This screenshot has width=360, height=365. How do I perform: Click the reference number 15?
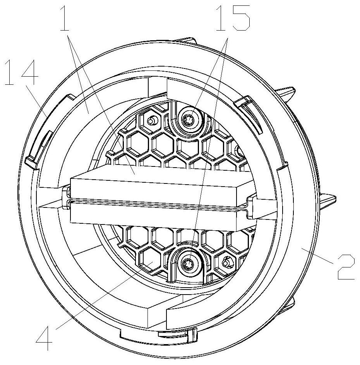233,18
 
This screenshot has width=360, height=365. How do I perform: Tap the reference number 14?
21,72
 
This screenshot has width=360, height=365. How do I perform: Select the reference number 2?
346,267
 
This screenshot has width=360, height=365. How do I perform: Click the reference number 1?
65,18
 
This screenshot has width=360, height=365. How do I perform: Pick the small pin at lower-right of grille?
225,263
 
